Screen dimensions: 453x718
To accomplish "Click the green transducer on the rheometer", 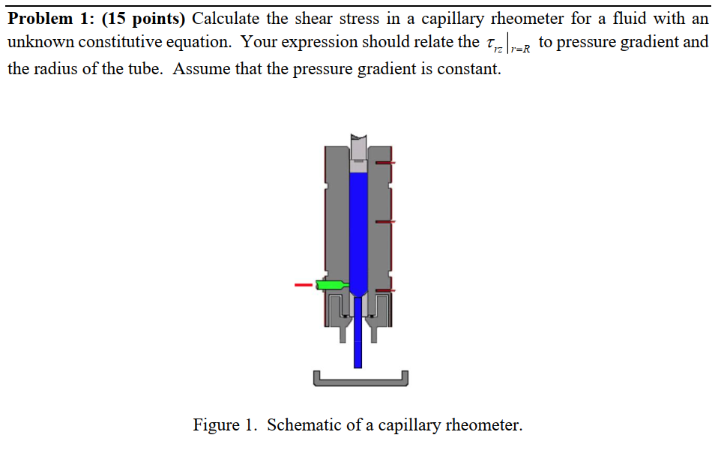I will [x=330, y=285].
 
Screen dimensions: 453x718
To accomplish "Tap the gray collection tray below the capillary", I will [x=361, y=380].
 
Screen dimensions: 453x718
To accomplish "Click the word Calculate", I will [x=229, y=18].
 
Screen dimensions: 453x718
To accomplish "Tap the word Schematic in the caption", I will [x=304, y=425].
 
